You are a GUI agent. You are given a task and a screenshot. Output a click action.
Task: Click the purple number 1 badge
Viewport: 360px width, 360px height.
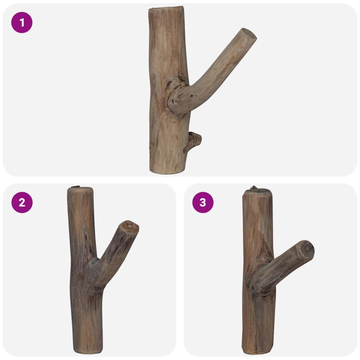[x=22, y=22]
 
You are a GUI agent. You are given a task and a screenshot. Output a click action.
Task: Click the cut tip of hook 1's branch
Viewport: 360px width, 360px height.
[x=249, y=35]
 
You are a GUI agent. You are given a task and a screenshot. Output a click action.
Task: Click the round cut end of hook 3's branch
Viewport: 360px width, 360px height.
[x=306, y=250]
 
